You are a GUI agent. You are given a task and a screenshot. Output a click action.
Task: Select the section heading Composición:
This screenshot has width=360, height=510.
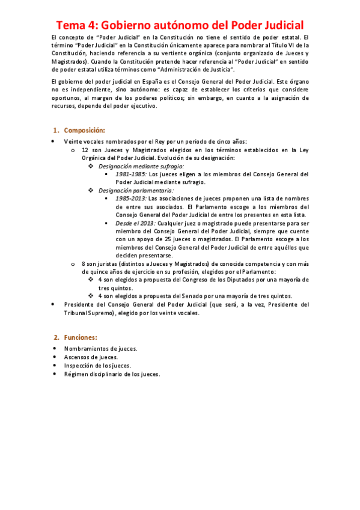[x=85, y=131]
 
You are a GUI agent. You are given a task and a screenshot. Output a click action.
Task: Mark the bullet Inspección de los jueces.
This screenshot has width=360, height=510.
[x=97, y=365]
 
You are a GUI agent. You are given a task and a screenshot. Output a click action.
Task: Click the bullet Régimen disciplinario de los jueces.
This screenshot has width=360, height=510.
[x=112, y=373]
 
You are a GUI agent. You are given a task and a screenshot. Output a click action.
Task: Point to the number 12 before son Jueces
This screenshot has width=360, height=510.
[x=85, y=150]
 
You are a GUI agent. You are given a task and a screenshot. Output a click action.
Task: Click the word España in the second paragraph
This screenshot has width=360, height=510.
[x=136, y=81]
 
